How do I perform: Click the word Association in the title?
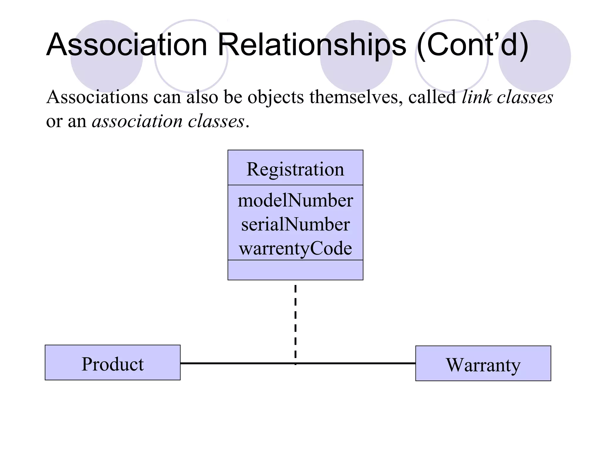[x=127, y=45]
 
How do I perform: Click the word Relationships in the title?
[x=312, y=45]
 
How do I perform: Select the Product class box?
[x=112, y=362]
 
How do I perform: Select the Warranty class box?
[x=483, y=363]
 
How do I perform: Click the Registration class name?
[x=295, y=169]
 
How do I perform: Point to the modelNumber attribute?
[x=295, y=201]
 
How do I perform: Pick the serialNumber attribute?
[x=295, y=224]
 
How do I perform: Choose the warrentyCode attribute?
[x=295, y=248]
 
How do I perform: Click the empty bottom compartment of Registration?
[x=295, y=270]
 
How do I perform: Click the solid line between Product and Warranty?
[x=235, y=363]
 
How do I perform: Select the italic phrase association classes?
[x=168, y=121]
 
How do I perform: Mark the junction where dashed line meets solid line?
[x=295, y=363]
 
